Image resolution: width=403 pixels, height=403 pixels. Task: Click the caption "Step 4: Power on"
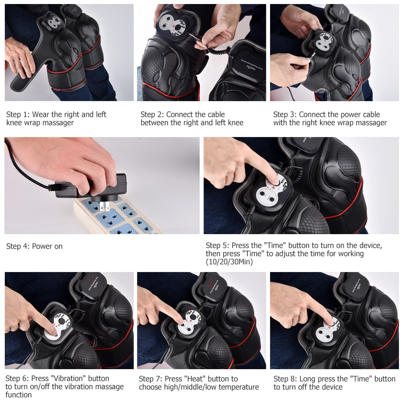pos(34,246)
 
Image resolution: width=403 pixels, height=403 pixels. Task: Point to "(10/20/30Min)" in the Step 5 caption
pos(229,262)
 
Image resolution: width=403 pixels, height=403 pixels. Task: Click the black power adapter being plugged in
pos(93,187)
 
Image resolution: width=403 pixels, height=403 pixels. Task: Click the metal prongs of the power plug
pos(106,207)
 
